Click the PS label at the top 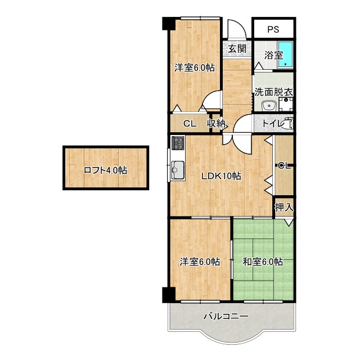[x=273, y=29]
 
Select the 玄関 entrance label [x=237, y=48]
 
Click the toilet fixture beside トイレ [x=289, y=123]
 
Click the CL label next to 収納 [x=189, y=124]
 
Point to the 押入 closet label [x=283, y=208]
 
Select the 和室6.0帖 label [x=262, y=262]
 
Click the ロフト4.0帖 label [x=105, y=170]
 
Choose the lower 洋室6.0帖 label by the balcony [x=200, y=262]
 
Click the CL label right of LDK [x=283, y=165]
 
